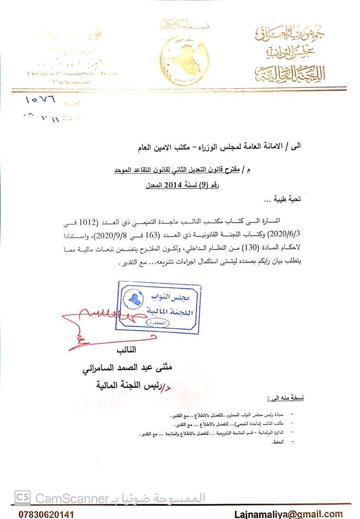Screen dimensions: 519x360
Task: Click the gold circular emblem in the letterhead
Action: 184,60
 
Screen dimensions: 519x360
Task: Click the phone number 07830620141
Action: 46,514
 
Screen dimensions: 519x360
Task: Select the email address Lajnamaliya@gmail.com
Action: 288,514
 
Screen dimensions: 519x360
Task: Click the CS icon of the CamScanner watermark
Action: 23,498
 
